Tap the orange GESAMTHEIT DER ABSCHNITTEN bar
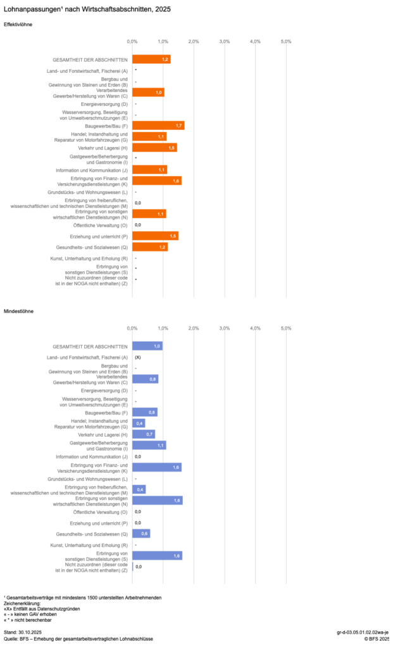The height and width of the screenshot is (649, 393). pos(151,59)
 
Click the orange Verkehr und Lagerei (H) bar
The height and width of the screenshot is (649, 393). pos(154,148)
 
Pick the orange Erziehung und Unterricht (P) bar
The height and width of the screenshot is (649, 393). pos(155,236)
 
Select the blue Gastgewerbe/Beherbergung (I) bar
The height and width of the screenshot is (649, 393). pos(149,446)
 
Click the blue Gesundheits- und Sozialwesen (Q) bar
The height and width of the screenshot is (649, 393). pos(141,534)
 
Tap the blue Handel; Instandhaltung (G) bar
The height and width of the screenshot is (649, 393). pos(139,423)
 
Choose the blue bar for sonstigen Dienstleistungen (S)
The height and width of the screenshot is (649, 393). pos(157,556)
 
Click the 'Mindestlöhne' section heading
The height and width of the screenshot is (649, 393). pos(18,311)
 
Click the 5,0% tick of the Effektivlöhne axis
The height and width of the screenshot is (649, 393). pos(285,41)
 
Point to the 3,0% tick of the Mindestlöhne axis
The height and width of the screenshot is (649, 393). pos(224,328)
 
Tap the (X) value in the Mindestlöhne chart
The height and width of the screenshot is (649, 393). pos(137,357)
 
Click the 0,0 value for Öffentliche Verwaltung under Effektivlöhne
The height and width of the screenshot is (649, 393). pos(137,225)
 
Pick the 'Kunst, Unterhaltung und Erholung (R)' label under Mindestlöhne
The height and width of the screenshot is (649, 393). pos(89,545)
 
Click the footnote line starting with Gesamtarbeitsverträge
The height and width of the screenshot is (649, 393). pos(83,598)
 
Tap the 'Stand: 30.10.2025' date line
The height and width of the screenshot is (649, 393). pos(22,633)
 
